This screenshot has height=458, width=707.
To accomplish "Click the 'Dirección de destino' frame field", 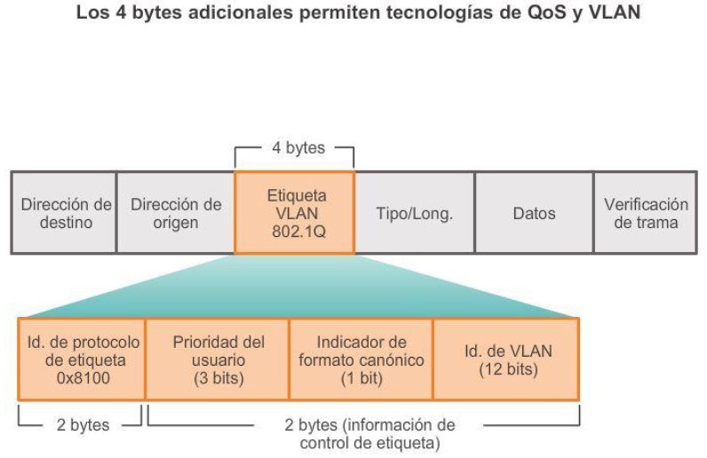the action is point(65,213).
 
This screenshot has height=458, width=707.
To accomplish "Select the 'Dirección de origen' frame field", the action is point(176,213).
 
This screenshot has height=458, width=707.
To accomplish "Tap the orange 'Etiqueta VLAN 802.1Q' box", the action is point(296,213).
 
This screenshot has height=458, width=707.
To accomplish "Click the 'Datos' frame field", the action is point(534,213).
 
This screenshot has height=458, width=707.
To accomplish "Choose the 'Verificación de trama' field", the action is point(646,213).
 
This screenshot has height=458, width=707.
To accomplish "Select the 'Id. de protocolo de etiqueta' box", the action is point(83,359).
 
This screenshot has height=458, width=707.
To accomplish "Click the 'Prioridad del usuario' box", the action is point(218,359).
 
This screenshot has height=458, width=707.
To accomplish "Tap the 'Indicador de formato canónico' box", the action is point(361,359).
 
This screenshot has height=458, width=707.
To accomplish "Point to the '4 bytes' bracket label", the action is point(298,148).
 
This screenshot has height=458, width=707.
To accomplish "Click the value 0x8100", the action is point(83,377).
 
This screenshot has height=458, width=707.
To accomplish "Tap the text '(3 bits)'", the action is point(218,377).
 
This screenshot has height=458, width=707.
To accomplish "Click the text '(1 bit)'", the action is point(361,377).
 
